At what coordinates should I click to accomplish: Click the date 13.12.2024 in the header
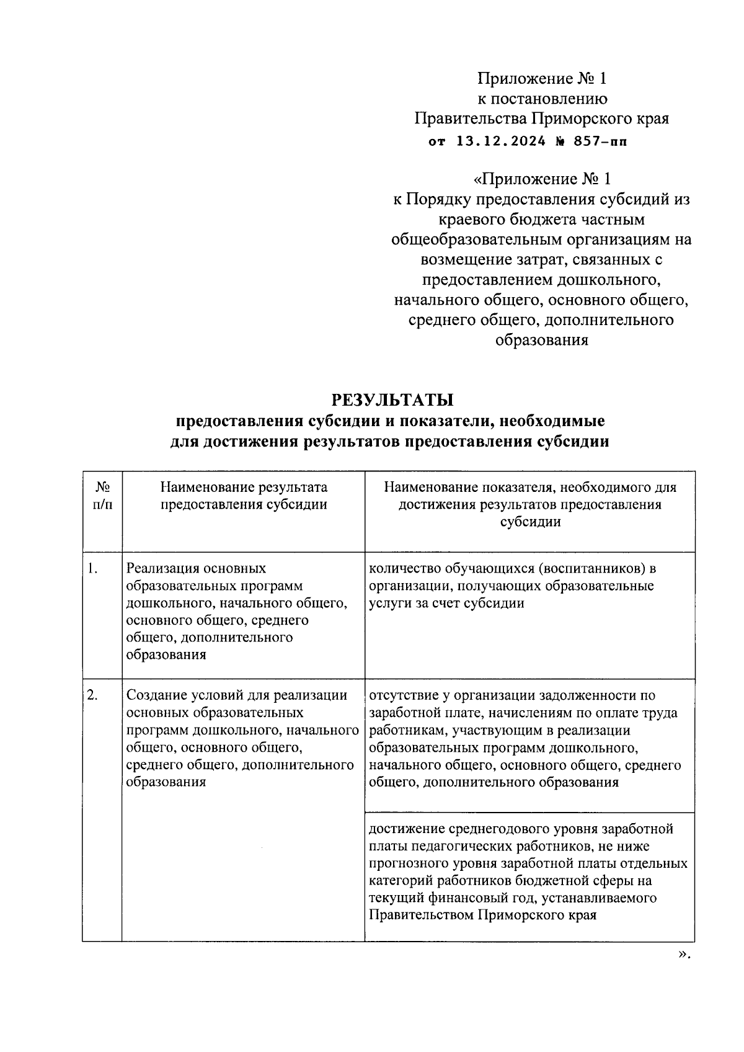click(x=501, y=141)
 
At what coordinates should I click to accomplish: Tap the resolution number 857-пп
click(x=600, y=141)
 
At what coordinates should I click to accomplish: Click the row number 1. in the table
click(x=92, y=568)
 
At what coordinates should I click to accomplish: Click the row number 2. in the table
click(x=92, y=695)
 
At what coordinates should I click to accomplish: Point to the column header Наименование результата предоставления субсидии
click(x=244, y=496)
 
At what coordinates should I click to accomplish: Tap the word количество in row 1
click(x=406, y=568)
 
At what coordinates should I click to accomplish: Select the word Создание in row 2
click(x=154, y=695)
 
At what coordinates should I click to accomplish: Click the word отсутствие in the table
click(x=405, y=695)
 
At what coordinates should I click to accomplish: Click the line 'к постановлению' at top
click(x=541, y=98)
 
